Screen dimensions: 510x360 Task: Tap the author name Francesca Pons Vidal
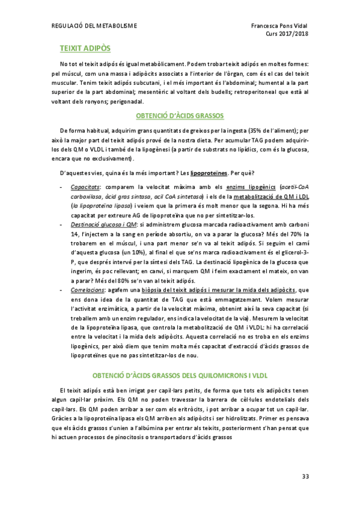279,26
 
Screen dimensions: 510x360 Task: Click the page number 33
305,476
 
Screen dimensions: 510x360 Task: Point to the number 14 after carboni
75,233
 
